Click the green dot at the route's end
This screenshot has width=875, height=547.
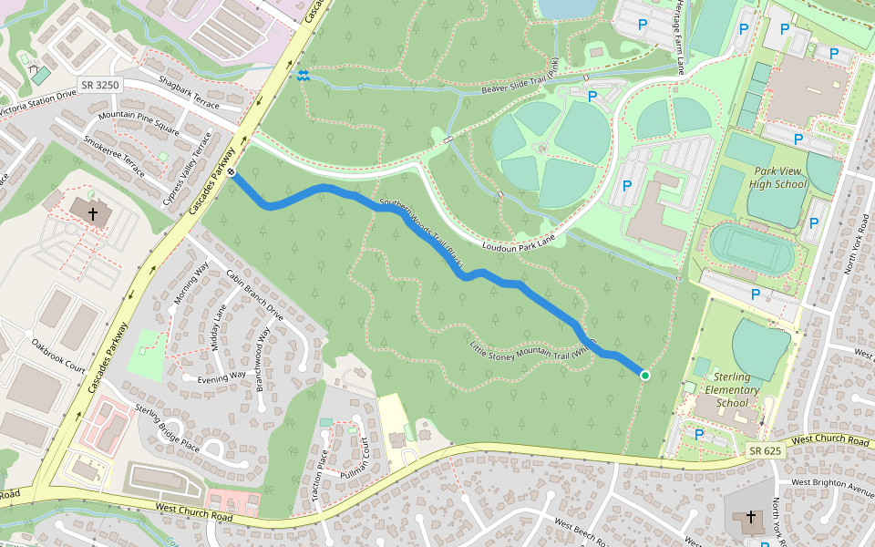644,375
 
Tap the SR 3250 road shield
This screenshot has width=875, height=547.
99,85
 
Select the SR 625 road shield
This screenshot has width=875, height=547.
766,451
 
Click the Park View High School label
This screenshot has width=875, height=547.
779,177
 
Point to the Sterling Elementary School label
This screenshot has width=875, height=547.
732,389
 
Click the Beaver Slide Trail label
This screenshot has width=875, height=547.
520,80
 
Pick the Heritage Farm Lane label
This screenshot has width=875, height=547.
679,36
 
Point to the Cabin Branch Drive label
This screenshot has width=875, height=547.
255,295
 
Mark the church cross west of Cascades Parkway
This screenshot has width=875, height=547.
91,213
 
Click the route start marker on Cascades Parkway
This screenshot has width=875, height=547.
233,172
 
